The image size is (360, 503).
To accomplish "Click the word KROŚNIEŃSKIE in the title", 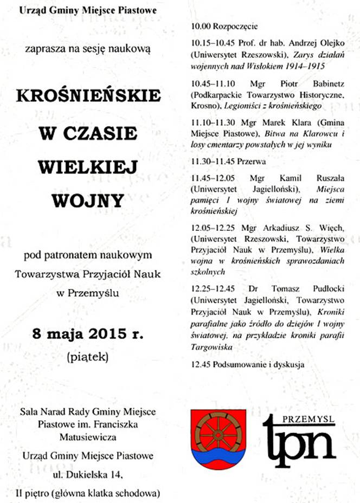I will (x=89, y=96).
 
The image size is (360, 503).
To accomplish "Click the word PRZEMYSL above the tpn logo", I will (x=312, y=418).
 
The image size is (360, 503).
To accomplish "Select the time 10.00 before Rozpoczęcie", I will (x=201, y=26).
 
